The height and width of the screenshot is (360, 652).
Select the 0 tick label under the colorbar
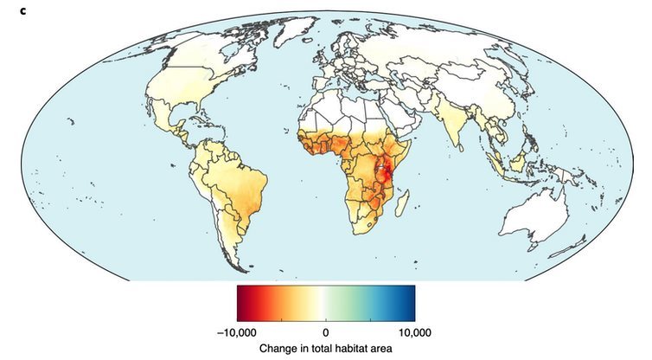[x=326, y=331]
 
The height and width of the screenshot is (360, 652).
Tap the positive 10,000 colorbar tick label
[x=414, y=331]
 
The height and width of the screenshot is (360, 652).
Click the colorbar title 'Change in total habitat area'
[x=326, y=348]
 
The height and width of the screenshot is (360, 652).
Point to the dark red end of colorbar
[x=241, y=303]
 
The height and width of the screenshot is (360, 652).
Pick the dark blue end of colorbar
[x=411, y=303]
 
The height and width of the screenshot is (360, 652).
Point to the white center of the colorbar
[x=326, y=303]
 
